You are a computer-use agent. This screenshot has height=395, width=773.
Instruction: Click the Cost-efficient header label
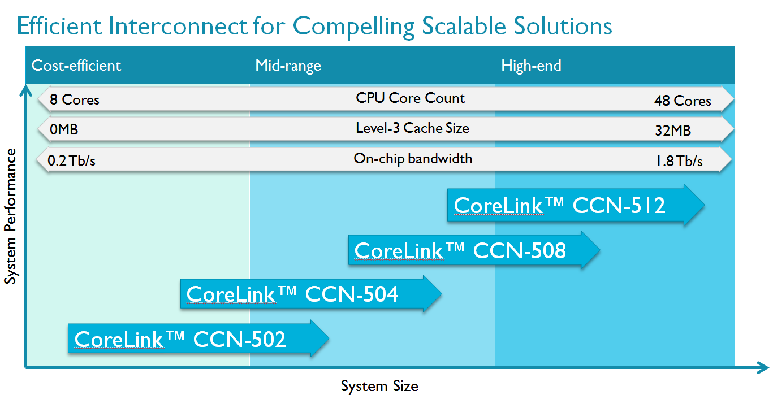[76, 66]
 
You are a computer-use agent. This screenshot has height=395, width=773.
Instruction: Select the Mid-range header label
[288, 66]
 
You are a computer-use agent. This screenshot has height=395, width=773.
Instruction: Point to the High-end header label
[531, 66]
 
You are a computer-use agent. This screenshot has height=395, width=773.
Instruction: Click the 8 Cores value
[74, 100]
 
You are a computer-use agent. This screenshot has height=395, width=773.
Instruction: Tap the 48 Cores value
[682, 101]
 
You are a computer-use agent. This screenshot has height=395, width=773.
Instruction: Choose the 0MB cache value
[64, 131]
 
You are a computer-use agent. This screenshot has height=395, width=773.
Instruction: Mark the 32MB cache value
[672, 131]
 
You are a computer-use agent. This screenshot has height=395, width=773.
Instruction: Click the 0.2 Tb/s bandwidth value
[72, 161]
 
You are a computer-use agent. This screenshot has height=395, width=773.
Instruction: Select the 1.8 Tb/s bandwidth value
[679, 161]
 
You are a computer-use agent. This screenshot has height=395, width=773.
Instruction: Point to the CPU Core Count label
[410, 98]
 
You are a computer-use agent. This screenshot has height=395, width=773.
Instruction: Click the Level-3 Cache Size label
[412, 128]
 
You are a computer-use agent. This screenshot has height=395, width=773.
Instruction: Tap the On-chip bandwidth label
[413, 158]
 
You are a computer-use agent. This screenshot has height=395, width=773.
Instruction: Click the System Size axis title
[379, 387]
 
